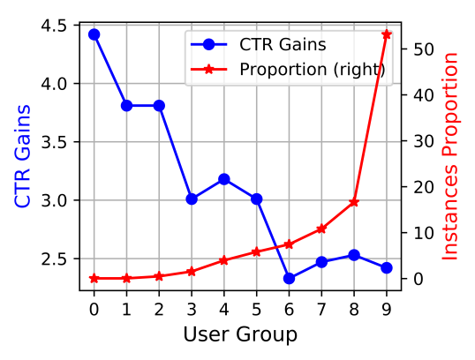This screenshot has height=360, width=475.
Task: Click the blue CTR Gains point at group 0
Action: pyautogui.click(x=94, y=34)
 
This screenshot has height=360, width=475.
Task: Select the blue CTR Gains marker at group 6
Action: pyautogui.click(x=289, y=278)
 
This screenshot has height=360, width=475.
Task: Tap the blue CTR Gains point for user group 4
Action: pyautogui.click(x=224, y=179)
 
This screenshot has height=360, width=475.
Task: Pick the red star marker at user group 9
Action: pyautogui.click(x=386, y=34)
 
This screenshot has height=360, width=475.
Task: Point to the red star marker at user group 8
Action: pyautogui.click(x=354, y=202)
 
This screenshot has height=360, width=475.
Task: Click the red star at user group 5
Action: pyautogui.click(x=256, y=251)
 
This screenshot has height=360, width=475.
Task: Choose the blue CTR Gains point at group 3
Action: pyautogui.click(x=192, y=199)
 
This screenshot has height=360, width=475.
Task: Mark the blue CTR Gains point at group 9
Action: pyautogui.click(x=386, y=267)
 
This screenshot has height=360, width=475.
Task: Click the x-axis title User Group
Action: pyautogui.click(x=240, y=334)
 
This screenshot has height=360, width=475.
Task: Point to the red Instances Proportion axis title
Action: pyautogui.click(x=451, y=156)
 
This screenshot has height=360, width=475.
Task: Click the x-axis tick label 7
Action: pyautogui.click(x=321, y=309)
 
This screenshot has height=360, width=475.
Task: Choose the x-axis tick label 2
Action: pyautogui.click(x=159, y=309)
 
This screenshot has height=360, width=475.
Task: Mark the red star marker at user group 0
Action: pyautogui.click(x=94, y=278)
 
